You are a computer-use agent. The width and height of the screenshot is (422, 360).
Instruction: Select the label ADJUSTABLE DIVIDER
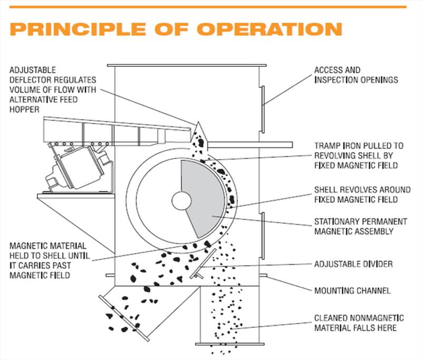click(353, 264)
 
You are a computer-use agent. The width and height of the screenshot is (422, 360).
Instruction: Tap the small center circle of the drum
click(180, 200)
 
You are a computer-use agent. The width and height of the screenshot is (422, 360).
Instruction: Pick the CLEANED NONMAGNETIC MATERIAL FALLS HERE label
click(359, 323)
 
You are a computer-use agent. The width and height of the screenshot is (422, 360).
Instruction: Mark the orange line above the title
click(211, 7)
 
